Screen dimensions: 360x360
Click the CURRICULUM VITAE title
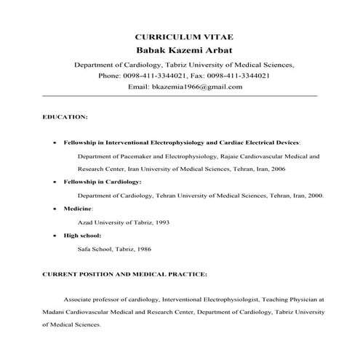180,36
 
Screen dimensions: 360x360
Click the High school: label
82,236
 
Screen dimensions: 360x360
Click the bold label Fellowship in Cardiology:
102,181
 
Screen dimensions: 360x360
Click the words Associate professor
92,299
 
